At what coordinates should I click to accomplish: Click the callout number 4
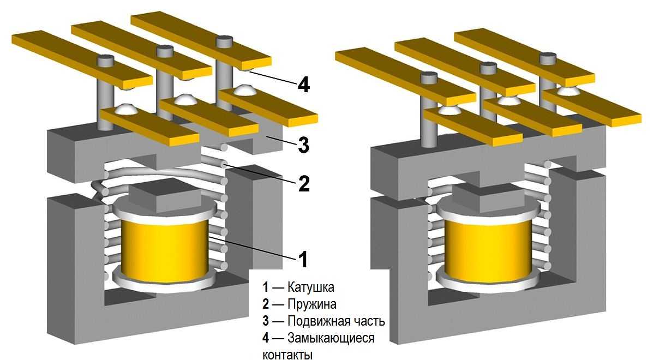pos(304,85)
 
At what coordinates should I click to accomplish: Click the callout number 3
pos(304,146)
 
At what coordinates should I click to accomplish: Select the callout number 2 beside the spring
pos(304,184)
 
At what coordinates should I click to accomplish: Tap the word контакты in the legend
pos(287,355)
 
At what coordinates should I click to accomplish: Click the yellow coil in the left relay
pos(164,248)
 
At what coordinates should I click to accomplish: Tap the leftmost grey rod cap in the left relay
pos(105,61)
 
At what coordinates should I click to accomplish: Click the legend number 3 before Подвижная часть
pos(266,321)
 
